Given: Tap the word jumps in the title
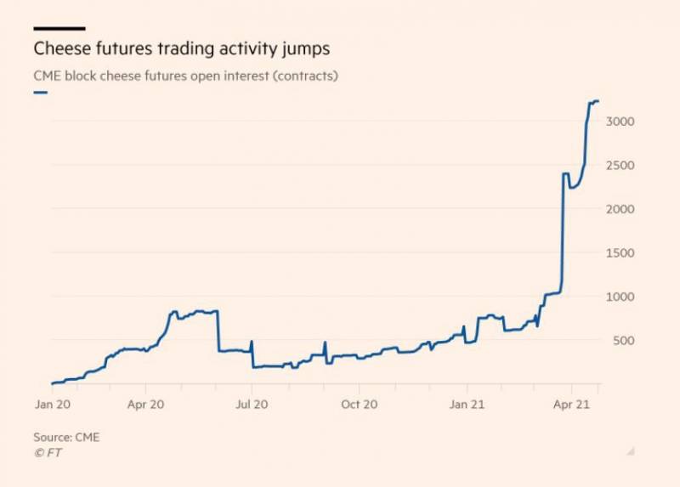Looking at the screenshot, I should coord(304,48).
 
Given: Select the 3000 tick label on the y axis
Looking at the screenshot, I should coord(621,122).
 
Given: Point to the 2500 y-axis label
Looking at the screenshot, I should coord(621,165).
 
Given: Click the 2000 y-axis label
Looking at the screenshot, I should coord(621,209).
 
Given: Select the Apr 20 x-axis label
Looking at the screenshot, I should coord(145,404).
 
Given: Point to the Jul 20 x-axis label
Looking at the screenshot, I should coord(252,404).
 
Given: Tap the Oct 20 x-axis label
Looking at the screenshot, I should coord(359,404).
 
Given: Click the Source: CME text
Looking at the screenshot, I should coord(66,437).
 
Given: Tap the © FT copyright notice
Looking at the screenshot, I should coord(48,453).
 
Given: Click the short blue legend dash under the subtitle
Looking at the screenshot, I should coord(40,91).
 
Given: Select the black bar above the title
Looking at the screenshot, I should coord(59,28).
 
